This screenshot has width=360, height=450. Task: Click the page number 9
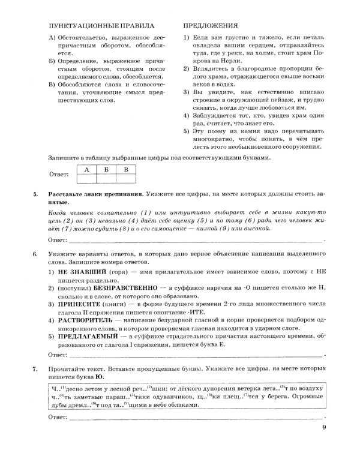[323, 428]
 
